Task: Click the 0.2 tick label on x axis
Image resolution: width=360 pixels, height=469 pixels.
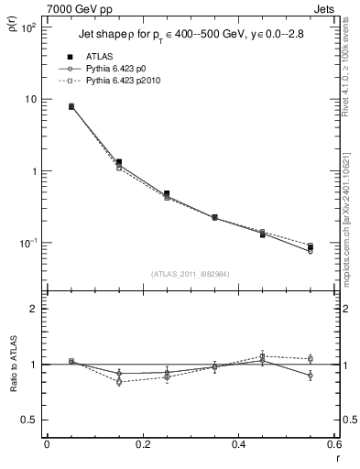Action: pyautogui.click(x=142, y=445)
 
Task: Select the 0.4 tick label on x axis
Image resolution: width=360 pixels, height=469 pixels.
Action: pyautogui.click(x=238, y=445)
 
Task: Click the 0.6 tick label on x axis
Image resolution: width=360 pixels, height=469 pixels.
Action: pyautogui.click(x=333, y=445)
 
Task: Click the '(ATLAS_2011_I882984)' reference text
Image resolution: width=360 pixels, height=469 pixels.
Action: pyautogui.click(x=189, y=274)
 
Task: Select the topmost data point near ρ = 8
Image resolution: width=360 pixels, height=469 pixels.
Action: pyautogui.click(x=71, y=106)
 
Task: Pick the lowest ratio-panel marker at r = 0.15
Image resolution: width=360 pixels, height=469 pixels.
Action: pyautogui.click(x=119, y=381)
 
